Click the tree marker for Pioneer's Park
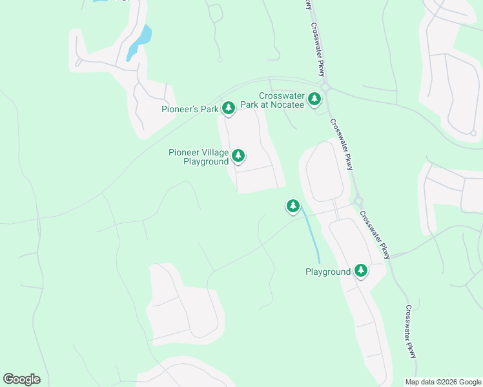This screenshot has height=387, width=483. (x=228, y=108)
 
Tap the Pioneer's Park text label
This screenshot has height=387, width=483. (x=190, y=110)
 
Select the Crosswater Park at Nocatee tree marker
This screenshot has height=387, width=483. (x=314, y=99)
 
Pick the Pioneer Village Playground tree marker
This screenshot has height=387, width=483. (x=238, y=155)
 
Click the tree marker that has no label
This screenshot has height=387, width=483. (x=293, y=206)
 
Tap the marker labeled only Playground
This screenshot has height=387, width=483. (x=360, y=271)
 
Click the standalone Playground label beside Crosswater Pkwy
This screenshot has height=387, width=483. (x=327, y=272)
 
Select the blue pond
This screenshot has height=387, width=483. (x=140, y=40)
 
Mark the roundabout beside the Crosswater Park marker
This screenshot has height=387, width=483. (x=325, y=87)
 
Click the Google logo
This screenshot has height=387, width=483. (x=21, y=379)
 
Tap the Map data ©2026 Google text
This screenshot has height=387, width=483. (x=443, y=382)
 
